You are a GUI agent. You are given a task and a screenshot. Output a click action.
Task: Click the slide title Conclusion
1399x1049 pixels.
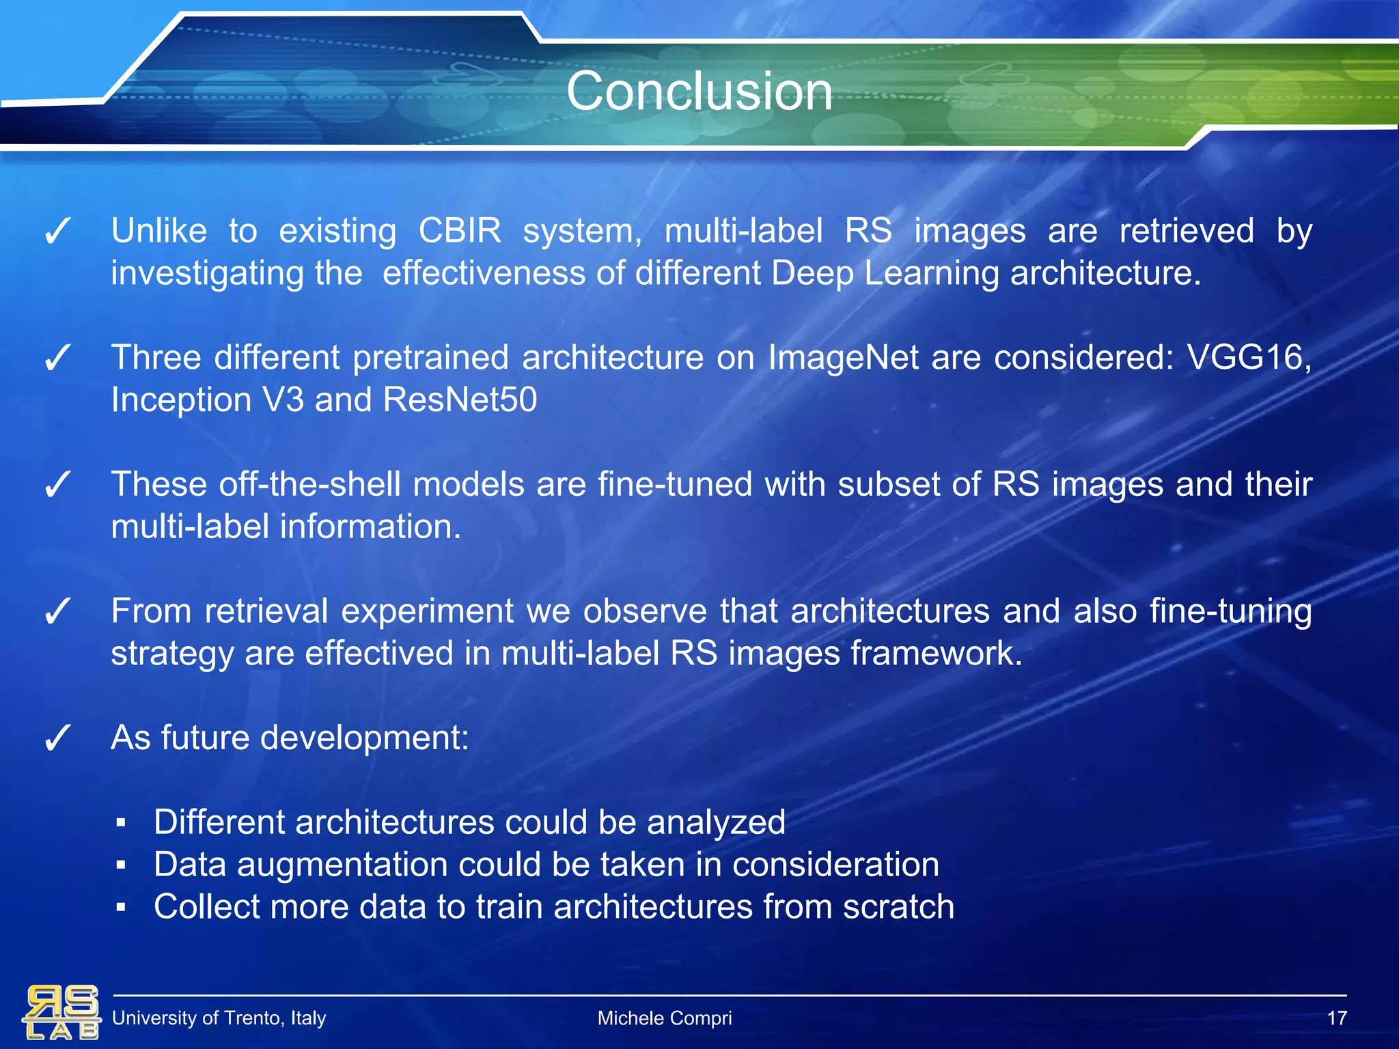(x=699, y=92)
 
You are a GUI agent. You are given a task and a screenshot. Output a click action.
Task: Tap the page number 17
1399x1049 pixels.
(x=1336, y=1018)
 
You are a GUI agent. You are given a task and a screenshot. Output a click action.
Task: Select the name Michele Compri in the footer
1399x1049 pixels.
(x=664, y=1018)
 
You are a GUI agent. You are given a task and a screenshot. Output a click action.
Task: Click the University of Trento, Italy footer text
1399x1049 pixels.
(x=219, y=1018)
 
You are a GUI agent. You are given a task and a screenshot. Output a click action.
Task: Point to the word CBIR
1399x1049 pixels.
(x=459, y=231)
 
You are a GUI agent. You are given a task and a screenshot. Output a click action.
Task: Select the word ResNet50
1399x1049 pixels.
(x=460, y=400)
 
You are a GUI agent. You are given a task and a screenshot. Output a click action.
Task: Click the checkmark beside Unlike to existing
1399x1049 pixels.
(x=57, y=232)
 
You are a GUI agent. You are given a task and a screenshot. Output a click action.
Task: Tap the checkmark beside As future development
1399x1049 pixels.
(x=57, y=739)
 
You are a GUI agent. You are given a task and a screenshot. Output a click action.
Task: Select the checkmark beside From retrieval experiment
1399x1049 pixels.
(x=57, y=612)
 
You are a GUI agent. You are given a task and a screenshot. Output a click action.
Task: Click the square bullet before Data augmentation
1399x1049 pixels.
(x=121, y=865)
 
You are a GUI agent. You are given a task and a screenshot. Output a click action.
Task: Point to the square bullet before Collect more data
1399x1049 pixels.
(x=121, y=908)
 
